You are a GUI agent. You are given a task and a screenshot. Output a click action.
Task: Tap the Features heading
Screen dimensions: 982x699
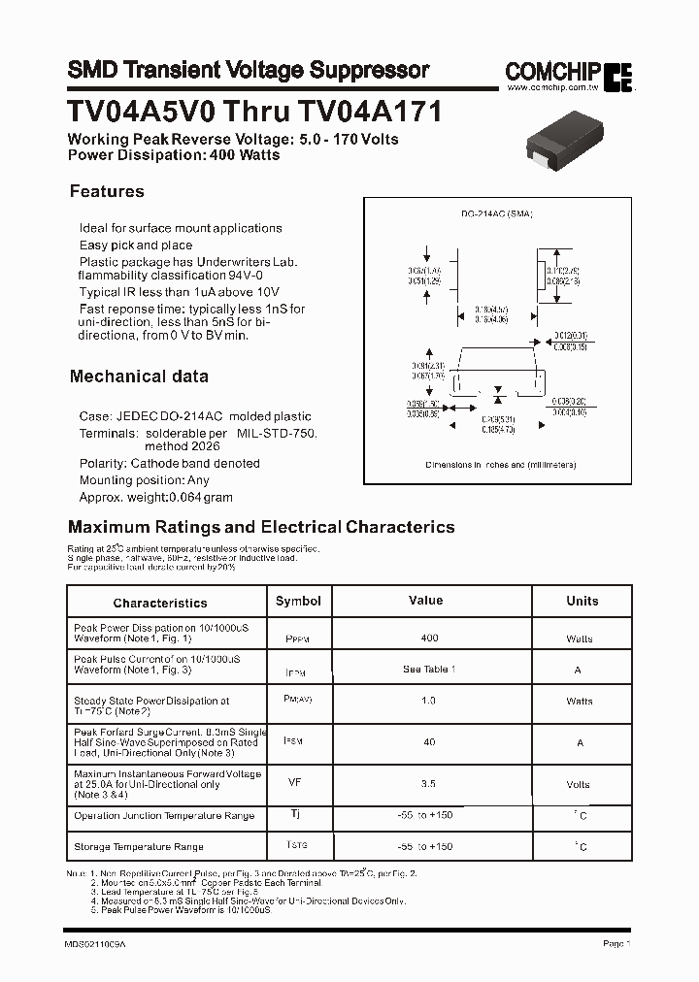click(107, 191)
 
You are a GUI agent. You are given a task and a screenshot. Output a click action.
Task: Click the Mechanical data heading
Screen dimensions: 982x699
click(139, 376)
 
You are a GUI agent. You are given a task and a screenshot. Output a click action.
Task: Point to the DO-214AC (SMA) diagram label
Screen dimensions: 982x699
click(496, 213)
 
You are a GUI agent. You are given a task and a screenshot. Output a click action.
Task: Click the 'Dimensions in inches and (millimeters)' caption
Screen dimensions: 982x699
click(501, 465)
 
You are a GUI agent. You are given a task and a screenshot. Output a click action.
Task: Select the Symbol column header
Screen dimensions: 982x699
click(298, 601)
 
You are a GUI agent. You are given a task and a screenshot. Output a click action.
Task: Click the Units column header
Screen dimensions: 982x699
click(582, 601)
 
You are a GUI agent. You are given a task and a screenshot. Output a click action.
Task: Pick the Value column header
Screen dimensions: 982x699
click(425, 601)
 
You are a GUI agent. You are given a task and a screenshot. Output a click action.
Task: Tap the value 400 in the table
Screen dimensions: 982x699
click(429, 638)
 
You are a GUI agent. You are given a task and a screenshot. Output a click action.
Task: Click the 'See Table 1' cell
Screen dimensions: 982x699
click(429, 670)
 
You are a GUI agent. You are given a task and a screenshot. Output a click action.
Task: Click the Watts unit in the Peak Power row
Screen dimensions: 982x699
click(580, 638)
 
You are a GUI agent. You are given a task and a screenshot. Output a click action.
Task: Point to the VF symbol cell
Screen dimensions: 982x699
click(295, 780)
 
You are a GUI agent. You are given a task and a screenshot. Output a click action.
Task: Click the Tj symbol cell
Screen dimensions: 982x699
click(295, 814)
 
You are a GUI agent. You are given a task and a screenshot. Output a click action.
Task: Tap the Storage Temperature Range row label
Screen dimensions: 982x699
click(139, 847)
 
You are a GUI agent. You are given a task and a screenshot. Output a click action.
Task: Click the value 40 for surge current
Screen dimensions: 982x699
click(429, 741)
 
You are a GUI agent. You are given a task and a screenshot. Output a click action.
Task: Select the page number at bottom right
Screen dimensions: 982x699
click(616, 943)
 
